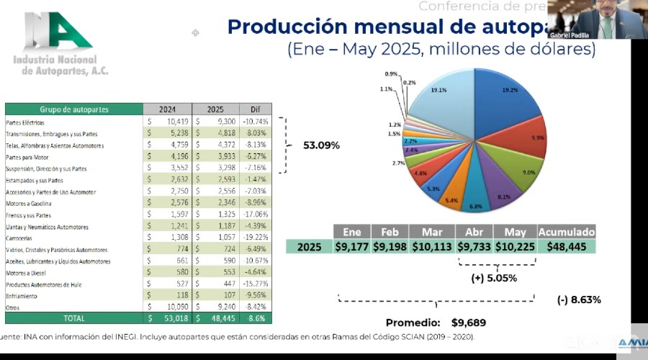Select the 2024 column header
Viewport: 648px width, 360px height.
pyautogui.click(x=167, y=109)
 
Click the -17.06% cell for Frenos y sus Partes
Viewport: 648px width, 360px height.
pyautogui.click(x=255, y=215)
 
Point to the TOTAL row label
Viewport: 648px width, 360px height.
pyautogui.click(x=73, y=318)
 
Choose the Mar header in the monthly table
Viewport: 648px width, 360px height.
pyautogui.click(x=432, y=232)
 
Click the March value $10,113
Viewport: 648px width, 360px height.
pyautogui.click(x=432, y=247)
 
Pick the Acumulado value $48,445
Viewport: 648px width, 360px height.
pyautogui.click(x=566, y=247)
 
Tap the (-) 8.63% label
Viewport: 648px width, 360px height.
pyautogui.click(x=579, y=300)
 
